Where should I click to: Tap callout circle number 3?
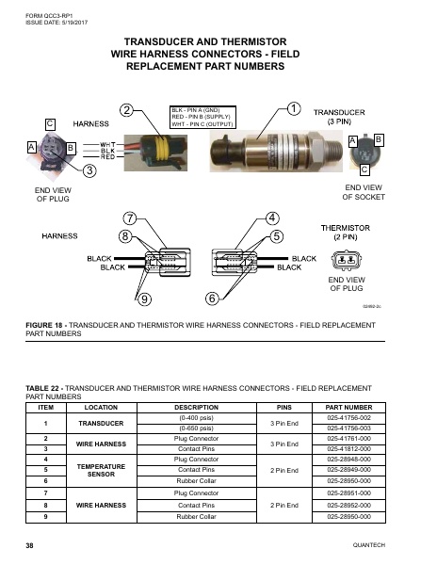point(89,170)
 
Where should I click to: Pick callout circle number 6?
point(212,299)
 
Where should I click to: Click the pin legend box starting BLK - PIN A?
point(202,116)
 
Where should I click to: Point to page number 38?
point(30,546)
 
